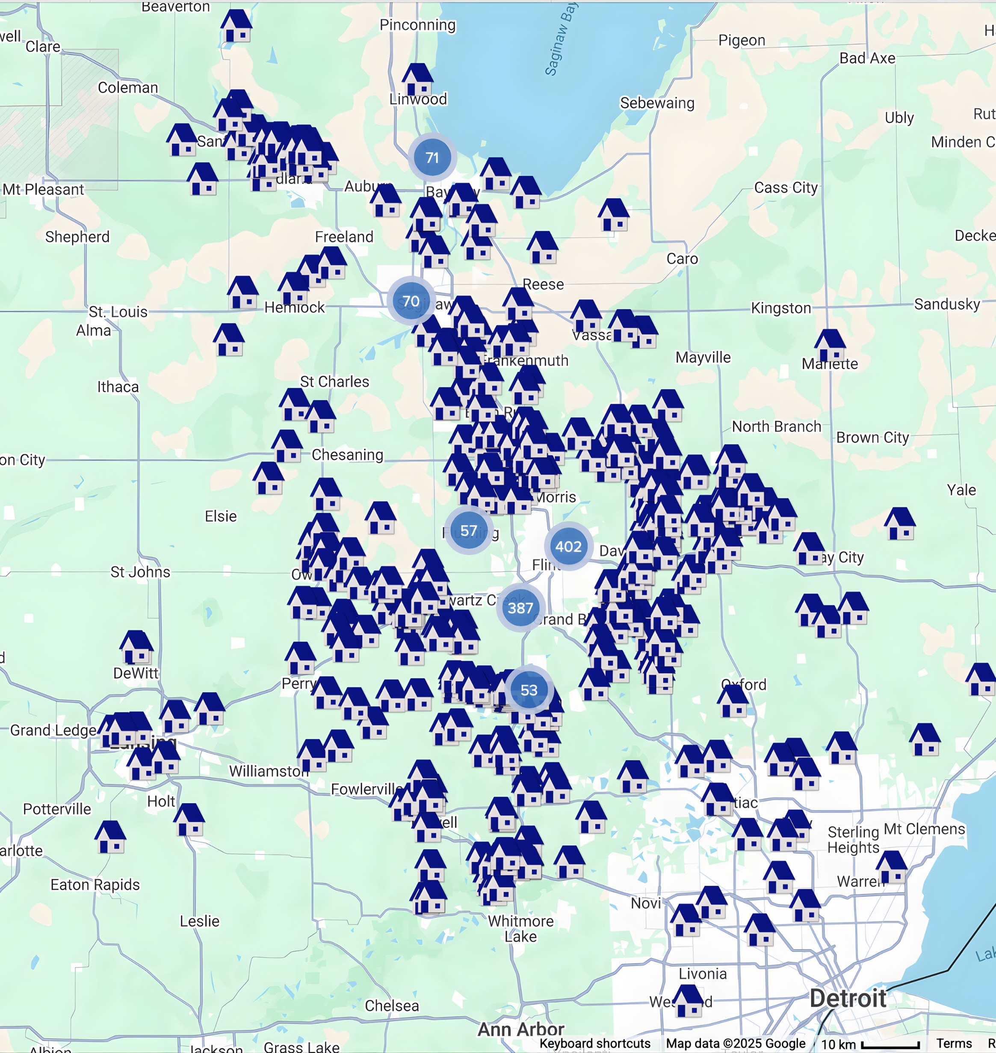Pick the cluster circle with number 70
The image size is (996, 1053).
point(411,301)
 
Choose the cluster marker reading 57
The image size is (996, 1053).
point(468,530)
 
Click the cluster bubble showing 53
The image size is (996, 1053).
point(529,690)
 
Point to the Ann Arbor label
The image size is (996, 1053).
point(521,1029)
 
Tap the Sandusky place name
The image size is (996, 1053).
point(947,304)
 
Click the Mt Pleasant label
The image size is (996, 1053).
point(44,189)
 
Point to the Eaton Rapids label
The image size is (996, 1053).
point(95,884)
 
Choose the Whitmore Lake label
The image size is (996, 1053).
point(520,929)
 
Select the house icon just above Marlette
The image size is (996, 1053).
point(829,345)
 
